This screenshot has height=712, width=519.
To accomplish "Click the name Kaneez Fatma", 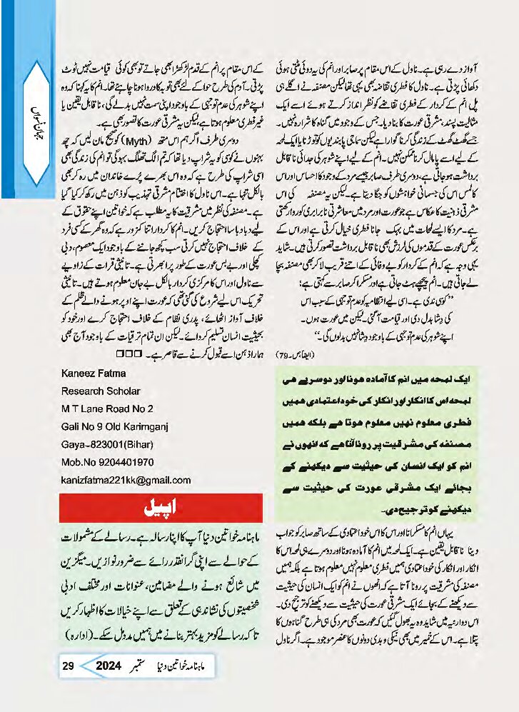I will (x=93, y=373).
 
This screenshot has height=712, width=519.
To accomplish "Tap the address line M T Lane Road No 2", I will (x=107, y=408).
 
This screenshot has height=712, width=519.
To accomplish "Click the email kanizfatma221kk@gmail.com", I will (x=126, y=480).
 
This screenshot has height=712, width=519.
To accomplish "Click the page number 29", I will (x=69, y=666).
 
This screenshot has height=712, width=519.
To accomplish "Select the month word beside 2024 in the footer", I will (x=146, y=667).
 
